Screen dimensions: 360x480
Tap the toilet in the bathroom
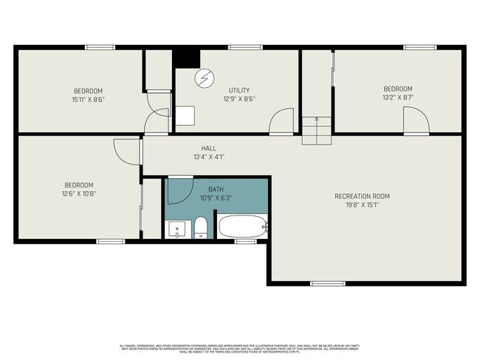[200, 228]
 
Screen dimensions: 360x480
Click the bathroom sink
[177, 229]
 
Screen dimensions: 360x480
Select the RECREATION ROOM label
[361, 196]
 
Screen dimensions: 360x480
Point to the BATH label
[214, 189]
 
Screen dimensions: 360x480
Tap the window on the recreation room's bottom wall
[326, 283]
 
